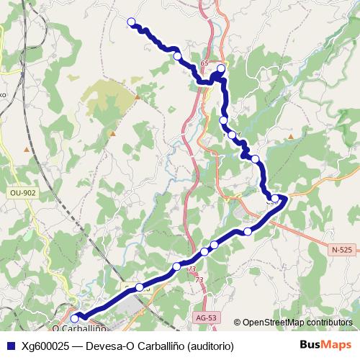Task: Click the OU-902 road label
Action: tap(23, 193)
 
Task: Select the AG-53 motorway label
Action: tap(206, 317)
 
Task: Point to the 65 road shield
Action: tap(204, 64)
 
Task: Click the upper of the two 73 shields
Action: tap(191, 269)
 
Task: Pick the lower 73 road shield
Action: tap(199, 280)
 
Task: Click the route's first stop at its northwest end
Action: tap(131, 22)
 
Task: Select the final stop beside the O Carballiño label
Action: tap(75, 318)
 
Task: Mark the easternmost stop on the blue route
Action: tap(275, 198)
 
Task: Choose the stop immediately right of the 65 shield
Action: tap(221, 69)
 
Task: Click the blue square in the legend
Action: tap(10, 346)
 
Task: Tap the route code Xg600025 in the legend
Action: tap(45, 346)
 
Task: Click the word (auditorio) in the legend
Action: tap(210, 346)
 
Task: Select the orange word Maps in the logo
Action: tap(337, 345)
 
